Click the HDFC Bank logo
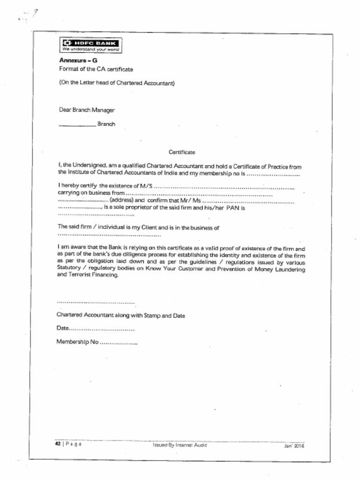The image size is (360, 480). pyautogui.click(x=91, y=45)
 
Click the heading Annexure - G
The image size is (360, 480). pyautogui.click(x=78, y=60)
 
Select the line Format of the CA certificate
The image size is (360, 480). pyautogui.click(x=96, y=69)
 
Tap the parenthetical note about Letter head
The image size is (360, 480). pyautogui.click(x=117, y=83)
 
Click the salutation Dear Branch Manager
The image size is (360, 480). pyautogui.click(x=87, y=110)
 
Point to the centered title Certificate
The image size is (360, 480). pyautogui.click(x=181, y=152)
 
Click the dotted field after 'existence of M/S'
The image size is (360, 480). pyautogui.click(x=224, y=187)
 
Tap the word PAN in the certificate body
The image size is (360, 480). pyautogui.click(x=233, y=208)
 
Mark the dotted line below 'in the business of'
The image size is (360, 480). pyautogui.click(x=109, y=235)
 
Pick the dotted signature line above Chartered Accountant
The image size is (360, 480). pyautogui.click(x=96, y=303)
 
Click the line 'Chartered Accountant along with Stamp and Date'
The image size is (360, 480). pyautogui.click(x=120, y=315)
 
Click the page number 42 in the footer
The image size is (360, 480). pyautogui.click(x=58, y=443)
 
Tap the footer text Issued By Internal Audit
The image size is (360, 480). pyautogui.click(x=180, y=445)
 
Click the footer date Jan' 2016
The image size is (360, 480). pyautogui.click(x=294, y=446)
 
